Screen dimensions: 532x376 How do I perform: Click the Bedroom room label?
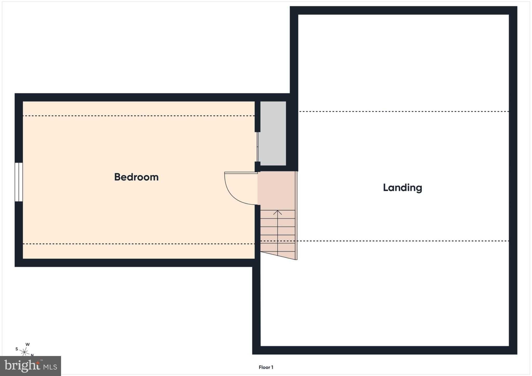point(136,177)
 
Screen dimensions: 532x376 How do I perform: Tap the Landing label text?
point(402,188)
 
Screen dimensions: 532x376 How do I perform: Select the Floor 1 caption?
point(266,367)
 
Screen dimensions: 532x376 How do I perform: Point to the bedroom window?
point(19,182)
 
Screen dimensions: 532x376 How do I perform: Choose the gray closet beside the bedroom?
point(273,133)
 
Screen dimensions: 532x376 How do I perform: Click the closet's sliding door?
point(257,147)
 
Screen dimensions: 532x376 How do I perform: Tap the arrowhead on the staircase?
point(278,212)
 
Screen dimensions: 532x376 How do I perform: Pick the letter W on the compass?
point(28,345)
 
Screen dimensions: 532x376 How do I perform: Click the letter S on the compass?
point(17,349)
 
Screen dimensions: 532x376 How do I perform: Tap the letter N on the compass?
point(32,355)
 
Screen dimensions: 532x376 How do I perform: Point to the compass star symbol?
point(25,352)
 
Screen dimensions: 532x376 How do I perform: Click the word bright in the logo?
point(22,366)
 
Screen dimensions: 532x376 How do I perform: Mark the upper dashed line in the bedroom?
point(139,116)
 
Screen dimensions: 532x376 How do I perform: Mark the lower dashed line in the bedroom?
point(139,244)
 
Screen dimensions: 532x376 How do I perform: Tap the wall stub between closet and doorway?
point(257,166)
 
